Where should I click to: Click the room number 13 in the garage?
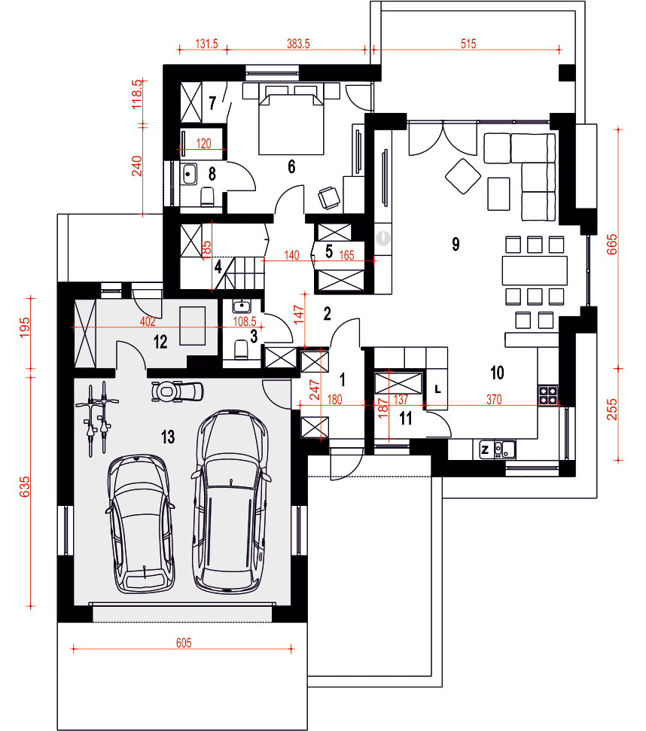coord(168,437)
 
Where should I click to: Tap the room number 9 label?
coord(456,244)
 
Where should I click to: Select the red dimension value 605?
coord(184,643)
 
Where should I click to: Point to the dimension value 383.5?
coord(298,44)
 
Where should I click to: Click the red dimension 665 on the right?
coord(612,244)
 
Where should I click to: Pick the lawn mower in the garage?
coord(178,391)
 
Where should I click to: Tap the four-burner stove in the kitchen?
coord(548,395)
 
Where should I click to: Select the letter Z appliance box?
coord(485,450)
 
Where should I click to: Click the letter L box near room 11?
coord(437,388)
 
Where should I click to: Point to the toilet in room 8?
coord(207,196)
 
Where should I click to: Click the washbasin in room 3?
coord(242,306)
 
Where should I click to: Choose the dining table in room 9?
coord(535,270)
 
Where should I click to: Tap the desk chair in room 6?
coord(330,198)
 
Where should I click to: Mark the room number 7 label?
coord(212,102)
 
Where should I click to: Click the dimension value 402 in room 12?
coord(148,321)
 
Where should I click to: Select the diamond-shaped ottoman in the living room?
coord(463,176)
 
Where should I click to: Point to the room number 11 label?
coord(406,419)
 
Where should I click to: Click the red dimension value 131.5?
coord(206,44)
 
